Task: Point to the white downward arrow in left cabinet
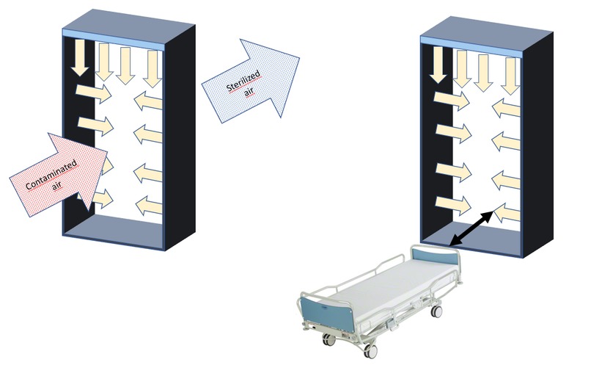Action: tap(81, 60)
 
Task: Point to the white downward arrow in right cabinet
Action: tap(438, 63)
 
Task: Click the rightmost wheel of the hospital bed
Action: tap(438, 311)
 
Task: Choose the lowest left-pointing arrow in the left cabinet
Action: tap(150, 205)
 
